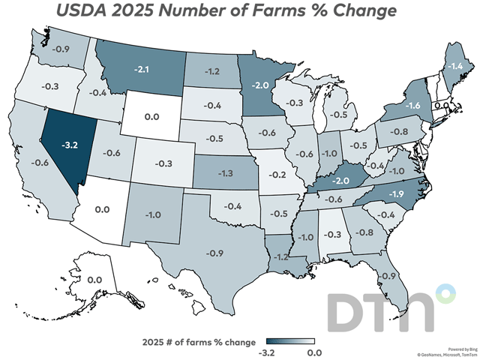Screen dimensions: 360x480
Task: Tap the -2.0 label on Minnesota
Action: click(x=260, y=85)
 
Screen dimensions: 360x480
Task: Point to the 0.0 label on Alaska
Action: click(x=95, y=279)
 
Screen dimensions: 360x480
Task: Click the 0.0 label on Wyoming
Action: click(x=153, y=117)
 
